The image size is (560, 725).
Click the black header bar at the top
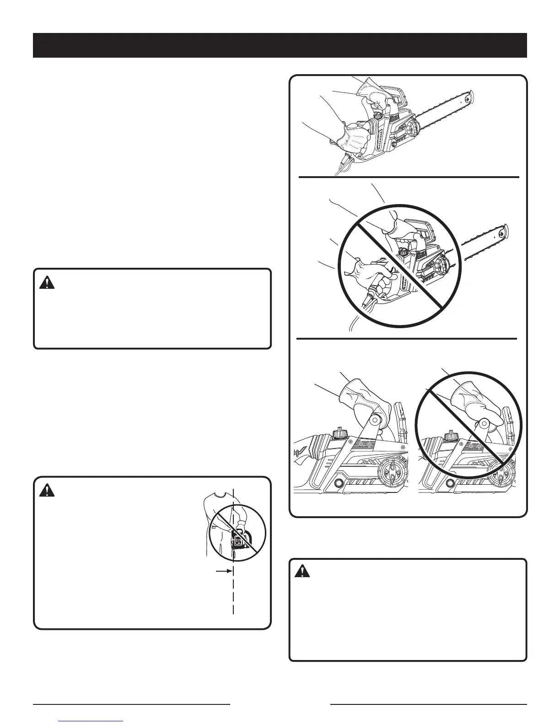(x=280, y=45)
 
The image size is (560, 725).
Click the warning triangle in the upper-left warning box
(x=47, y=283)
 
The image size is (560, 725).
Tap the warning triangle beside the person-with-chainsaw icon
(x=47, y=491)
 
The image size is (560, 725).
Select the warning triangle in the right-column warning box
(x=302, y=571)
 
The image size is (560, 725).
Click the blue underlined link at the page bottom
(x=92, y=721)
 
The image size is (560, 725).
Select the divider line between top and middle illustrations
(x=409, y=177)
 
